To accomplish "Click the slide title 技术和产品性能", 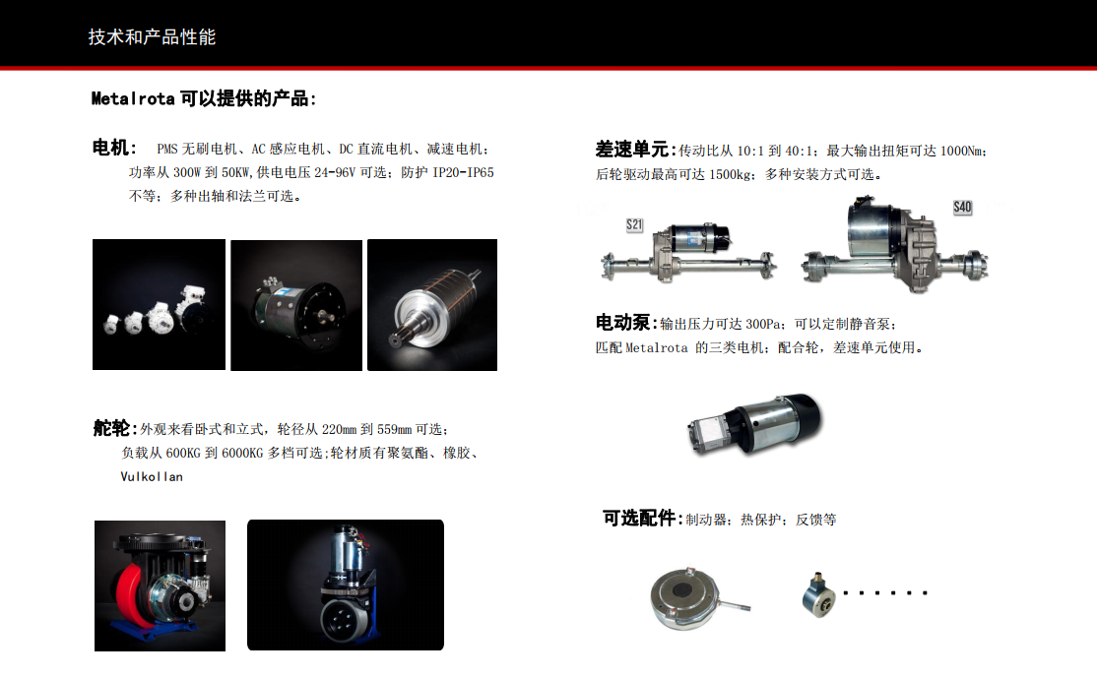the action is pyautogui.click(x=152, y=37).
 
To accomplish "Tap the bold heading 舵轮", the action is pyautogui.click(x=111, y=428).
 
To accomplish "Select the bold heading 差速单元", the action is pyautogui.click(x=632, y=149).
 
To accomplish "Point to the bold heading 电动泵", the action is pyautogui.click(x=622, y=322).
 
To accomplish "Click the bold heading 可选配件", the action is pyautogui.click(x=639, y=518).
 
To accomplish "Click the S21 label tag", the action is pyautogui.click(x=634, y=224).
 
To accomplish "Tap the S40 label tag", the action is pyautogui.click(x=963, y=207).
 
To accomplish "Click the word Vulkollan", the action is pyautogui.click(x=152, y=476).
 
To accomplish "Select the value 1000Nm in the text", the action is pyautogui.click(x=961, y=151).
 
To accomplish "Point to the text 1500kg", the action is pyautogui.click(x=731, y=175).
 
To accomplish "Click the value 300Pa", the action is pyautogui.click(x=764, y=325).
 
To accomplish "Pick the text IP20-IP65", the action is pyautogui.click(x=463, y=172).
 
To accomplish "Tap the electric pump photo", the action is pyautogui.click(x=755, y=423).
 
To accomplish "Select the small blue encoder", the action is pyautogui.click(x=818, y=595).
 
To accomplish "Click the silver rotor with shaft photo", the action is pyautogui.click(x=432, y=305).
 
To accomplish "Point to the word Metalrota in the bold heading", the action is pyautogui.click(x=133, y=98).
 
